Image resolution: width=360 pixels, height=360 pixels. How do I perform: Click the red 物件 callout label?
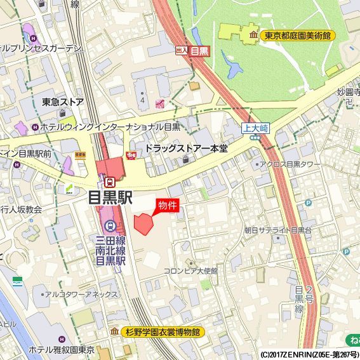[166, 206]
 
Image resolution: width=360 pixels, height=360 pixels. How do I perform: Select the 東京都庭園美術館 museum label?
[298, 36]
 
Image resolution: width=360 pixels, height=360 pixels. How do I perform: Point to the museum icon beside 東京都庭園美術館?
[254, 36]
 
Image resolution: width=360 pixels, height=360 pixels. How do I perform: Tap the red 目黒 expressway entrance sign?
[199, 51]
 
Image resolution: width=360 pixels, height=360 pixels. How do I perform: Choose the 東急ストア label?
[63, 102]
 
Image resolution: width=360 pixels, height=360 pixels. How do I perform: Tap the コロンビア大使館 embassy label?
[190, 270]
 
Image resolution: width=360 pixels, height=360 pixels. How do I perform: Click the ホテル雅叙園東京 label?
[62, 350]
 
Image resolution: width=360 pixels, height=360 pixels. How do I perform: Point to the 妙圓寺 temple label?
[348, 93]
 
